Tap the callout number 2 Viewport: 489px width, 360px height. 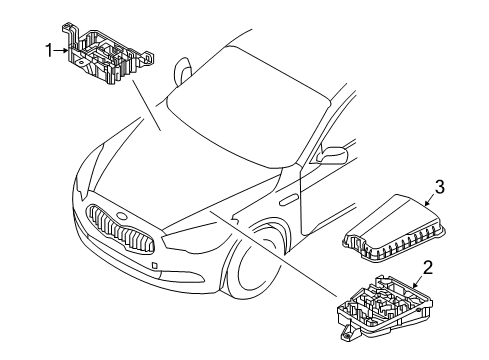tap(427, 267)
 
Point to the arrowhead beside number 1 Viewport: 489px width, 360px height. tap(66, 47)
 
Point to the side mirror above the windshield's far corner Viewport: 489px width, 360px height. tap(184, 72)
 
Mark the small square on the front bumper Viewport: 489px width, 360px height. tap(156, 266)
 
